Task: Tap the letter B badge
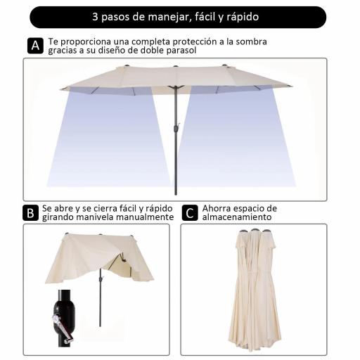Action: click(31, 213)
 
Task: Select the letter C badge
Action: click(188, 213)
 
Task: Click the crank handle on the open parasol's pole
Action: click(177, 127)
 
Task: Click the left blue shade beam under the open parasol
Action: click(105, 137)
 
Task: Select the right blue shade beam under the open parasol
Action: click(236, 137)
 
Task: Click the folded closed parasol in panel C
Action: click(256, 288)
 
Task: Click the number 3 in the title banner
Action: click(95, 17)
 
